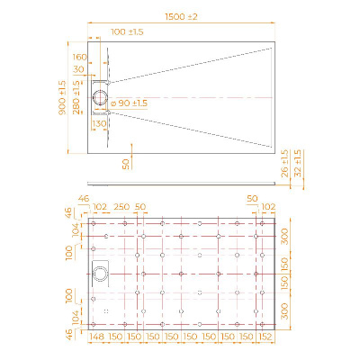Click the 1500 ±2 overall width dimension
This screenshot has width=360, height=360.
(x=181, y=17)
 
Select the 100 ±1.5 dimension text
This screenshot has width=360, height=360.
(x=127, y=31)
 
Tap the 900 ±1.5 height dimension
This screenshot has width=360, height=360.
(x=63, y=97)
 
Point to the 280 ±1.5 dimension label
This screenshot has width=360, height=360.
(x=76, y=97)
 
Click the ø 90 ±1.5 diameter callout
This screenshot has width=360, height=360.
(x=129, y=103)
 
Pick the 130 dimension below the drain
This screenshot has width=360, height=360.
(x=99, y=123)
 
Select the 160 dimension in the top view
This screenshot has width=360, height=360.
(x=79, y=57)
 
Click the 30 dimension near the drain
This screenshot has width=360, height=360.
(x=78, y=69)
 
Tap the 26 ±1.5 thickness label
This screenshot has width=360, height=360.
(x=285, y=164)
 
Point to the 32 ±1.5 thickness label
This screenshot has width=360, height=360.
(x=298, y=164)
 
